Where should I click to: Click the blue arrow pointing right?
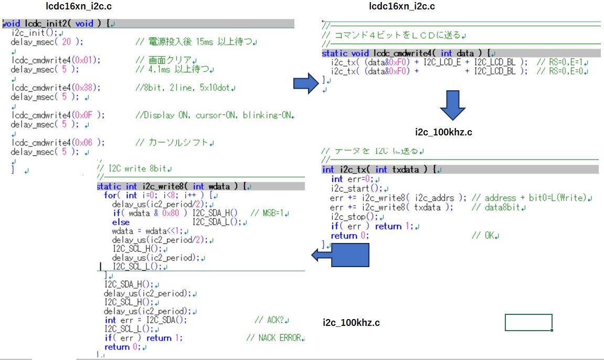click(306, 82)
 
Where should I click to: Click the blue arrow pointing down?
click(452, 105)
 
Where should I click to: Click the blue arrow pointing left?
click(341, 255)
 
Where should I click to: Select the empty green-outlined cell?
click(528, 322)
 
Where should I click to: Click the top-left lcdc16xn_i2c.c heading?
click(79, 6)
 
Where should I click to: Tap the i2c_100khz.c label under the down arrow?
click(443, 132)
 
